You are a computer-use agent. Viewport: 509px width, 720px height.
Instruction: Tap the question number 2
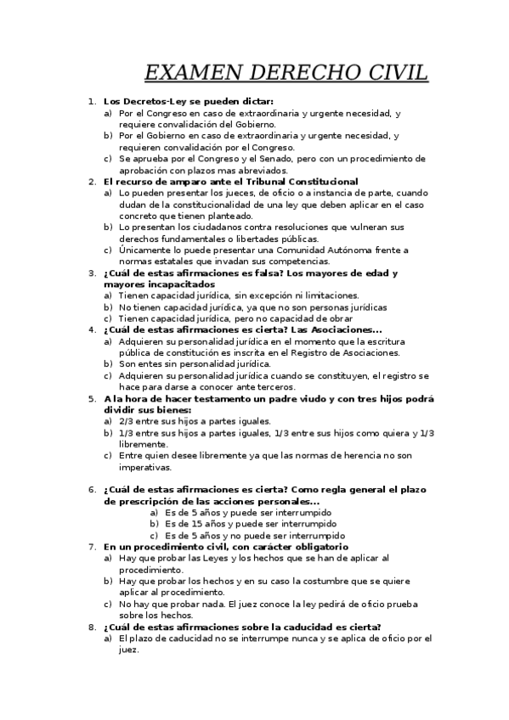92,181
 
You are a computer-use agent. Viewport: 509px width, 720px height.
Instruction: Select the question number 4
92,329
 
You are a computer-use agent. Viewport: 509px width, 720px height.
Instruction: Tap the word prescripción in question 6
149,501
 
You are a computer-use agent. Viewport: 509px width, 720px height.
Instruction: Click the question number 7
92,547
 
